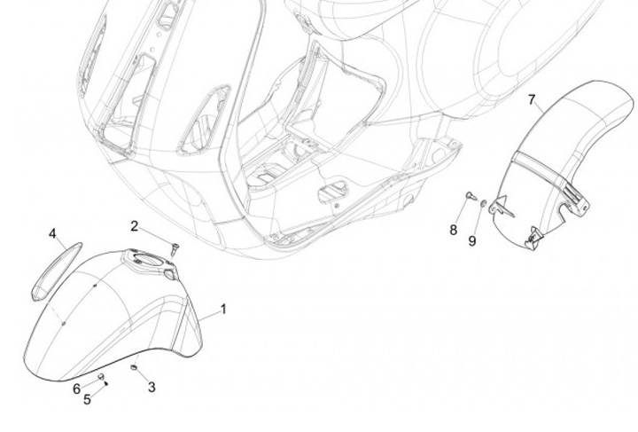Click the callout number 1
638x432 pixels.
[x=223, y=309]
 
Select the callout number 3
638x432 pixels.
[x=152, y=387]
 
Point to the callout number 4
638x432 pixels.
[x=52, y=234]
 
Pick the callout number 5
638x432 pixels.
[x=87, y=400]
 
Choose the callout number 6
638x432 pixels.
[x=76, y=389]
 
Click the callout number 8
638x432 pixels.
[x=453, y=230]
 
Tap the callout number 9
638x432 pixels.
[x=472, y=240]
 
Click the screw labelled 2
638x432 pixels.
[x=174, y=249]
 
